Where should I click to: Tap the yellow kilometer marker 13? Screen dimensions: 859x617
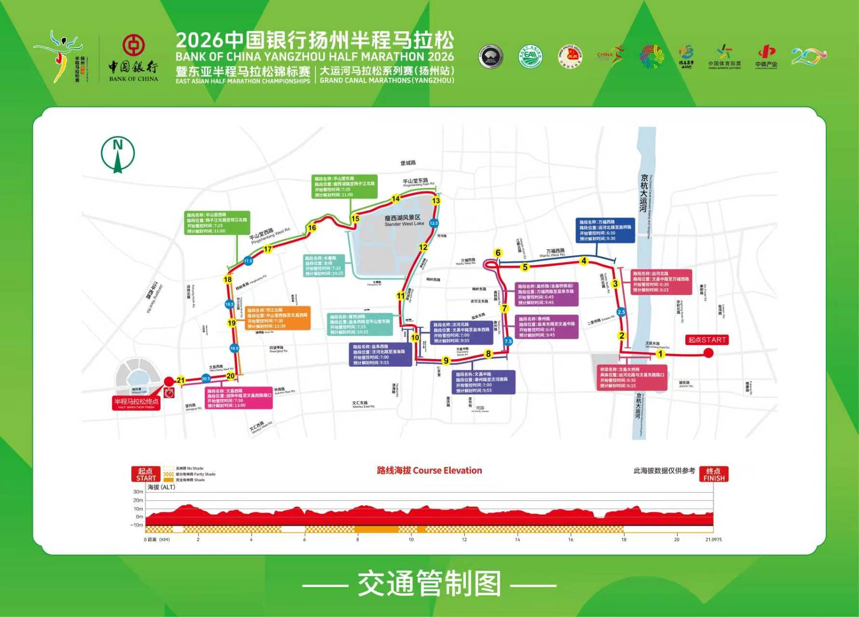tap(436, 201)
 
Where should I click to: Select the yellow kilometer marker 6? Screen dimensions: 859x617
tap(498, 253)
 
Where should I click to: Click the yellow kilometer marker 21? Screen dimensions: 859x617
tap(181, 380)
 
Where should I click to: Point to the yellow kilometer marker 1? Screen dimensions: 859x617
tap(660, 354)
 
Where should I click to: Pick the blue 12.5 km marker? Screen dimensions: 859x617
tap(434, 223)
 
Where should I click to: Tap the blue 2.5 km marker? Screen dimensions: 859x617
tap(621, 312)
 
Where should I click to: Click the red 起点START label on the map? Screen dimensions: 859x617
tap(707, 340)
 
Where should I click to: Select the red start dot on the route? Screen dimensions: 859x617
tap(708, 353)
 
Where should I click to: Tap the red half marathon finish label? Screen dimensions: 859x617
tap(136, 403)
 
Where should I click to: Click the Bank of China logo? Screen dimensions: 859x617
tap(133, 58)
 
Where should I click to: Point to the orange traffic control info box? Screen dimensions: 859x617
tap(277, 318)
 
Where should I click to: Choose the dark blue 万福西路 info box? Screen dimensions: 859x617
tap(605, 230)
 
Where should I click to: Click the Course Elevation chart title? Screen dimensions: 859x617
tap(429, 470)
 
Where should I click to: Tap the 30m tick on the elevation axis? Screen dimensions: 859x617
tap(138, 492)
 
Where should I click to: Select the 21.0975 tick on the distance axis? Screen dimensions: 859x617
tap(713, 539)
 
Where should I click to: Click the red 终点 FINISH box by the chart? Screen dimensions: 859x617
tap(713, 474)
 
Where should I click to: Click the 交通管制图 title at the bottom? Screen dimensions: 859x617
tap(429, 584)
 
